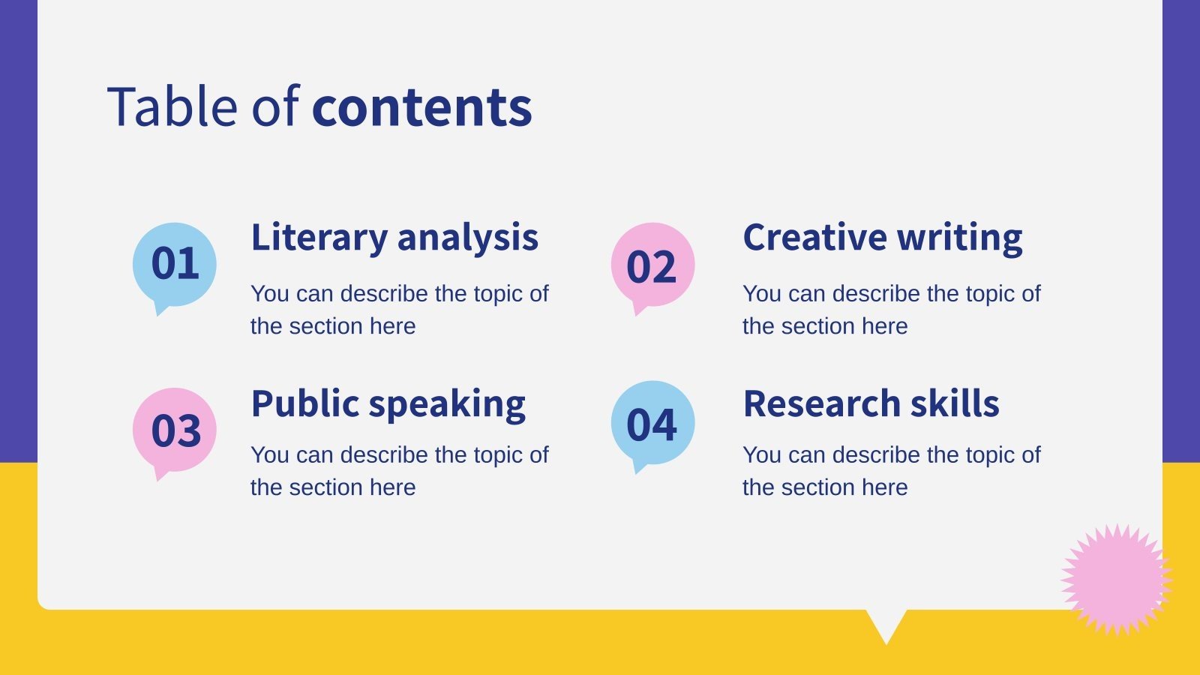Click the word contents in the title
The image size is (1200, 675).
(421, 106)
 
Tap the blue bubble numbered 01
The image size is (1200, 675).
(175, 265)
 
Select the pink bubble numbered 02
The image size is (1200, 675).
(652, 265)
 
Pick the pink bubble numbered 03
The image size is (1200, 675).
(175, 430)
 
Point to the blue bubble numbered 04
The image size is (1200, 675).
(652, 423)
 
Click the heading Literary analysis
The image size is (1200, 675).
(394, 238)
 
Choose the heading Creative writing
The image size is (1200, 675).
(882, 238)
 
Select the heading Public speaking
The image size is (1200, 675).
(388, 404)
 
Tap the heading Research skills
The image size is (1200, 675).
(871, 403)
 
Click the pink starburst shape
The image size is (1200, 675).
(1117, 580)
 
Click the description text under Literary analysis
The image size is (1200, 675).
(399, 310)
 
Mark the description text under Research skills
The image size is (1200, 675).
(891, 471)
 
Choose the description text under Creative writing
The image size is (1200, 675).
(891, 310)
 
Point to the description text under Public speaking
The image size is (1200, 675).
(399, 471)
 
